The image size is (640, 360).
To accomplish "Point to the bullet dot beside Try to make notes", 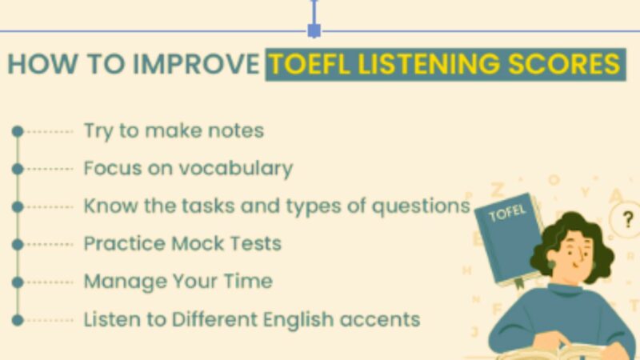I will pyautogui.click(x=18, y=130).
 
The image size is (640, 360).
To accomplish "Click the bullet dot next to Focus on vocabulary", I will pyautogui.click(x=18, y=168).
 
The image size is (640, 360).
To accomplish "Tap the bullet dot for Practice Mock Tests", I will pyautogui.click(x=18, y=243).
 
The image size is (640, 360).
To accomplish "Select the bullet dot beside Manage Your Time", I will pyautogui.click(x=18, y=282).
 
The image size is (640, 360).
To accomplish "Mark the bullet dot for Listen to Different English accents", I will pyautogui.click(x=18, y=320).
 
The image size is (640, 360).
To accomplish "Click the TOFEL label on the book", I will pyautogui.click(x=507, y=215).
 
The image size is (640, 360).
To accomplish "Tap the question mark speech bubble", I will pyautogui.click(x=625, y=218).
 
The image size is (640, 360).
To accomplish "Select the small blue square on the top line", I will pyautogui.click(x=314, y=30).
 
